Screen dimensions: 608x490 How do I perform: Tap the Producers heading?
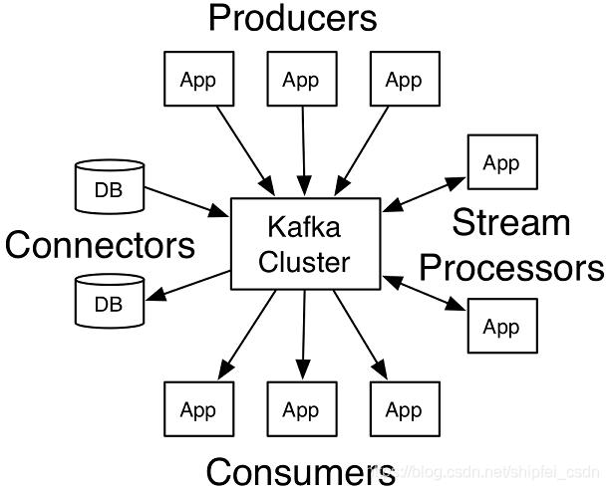[x=293, y=18]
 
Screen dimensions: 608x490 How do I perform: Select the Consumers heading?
[x=300, y=472]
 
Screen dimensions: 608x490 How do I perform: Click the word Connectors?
[x=100, y=245]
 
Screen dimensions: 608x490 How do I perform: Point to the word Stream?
[x=511, y=222]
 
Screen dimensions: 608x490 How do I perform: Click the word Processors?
[x=512, y=267]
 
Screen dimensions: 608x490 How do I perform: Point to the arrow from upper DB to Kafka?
[x=187, y=202]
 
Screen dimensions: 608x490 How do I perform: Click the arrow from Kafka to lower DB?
[x=188, y=286]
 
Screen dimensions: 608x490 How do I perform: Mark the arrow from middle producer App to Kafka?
[x=304, y=151]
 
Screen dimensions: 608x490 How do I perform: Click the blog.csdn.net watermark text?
[x=487, y=472]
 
